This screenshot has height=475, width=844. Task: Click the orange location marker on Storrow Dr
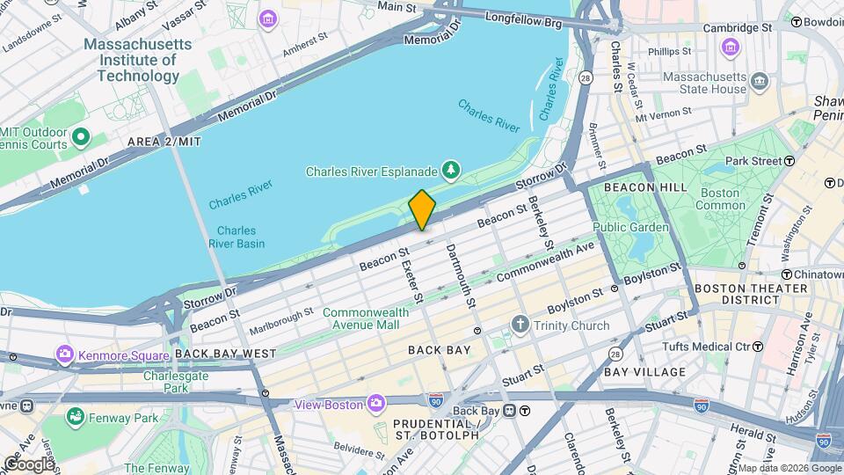[422, 209]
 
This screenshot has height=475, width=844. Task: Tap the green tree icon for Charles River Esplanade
[451, 168]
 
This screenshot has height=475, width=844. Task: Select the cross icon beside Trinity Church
[520, 325]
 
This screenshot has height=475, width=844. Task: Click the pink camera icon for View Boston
[375, 404]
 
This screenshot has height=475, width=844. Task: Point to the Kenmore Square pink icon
[64, 355]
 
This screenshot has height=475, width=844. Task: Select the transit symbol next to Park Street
[789, 161]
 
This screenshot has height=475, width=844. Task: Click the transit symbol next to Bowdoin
[797, 21]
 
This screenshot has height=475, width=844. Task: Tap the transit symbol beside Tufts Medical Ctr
[757, 347]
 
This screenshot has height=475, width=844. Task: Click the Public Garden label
[630, 227]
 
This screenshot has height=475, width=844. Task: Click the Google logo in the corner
[29, 464]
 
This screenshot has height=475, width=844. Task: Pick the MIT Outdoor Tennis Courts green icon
[82, 137]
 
